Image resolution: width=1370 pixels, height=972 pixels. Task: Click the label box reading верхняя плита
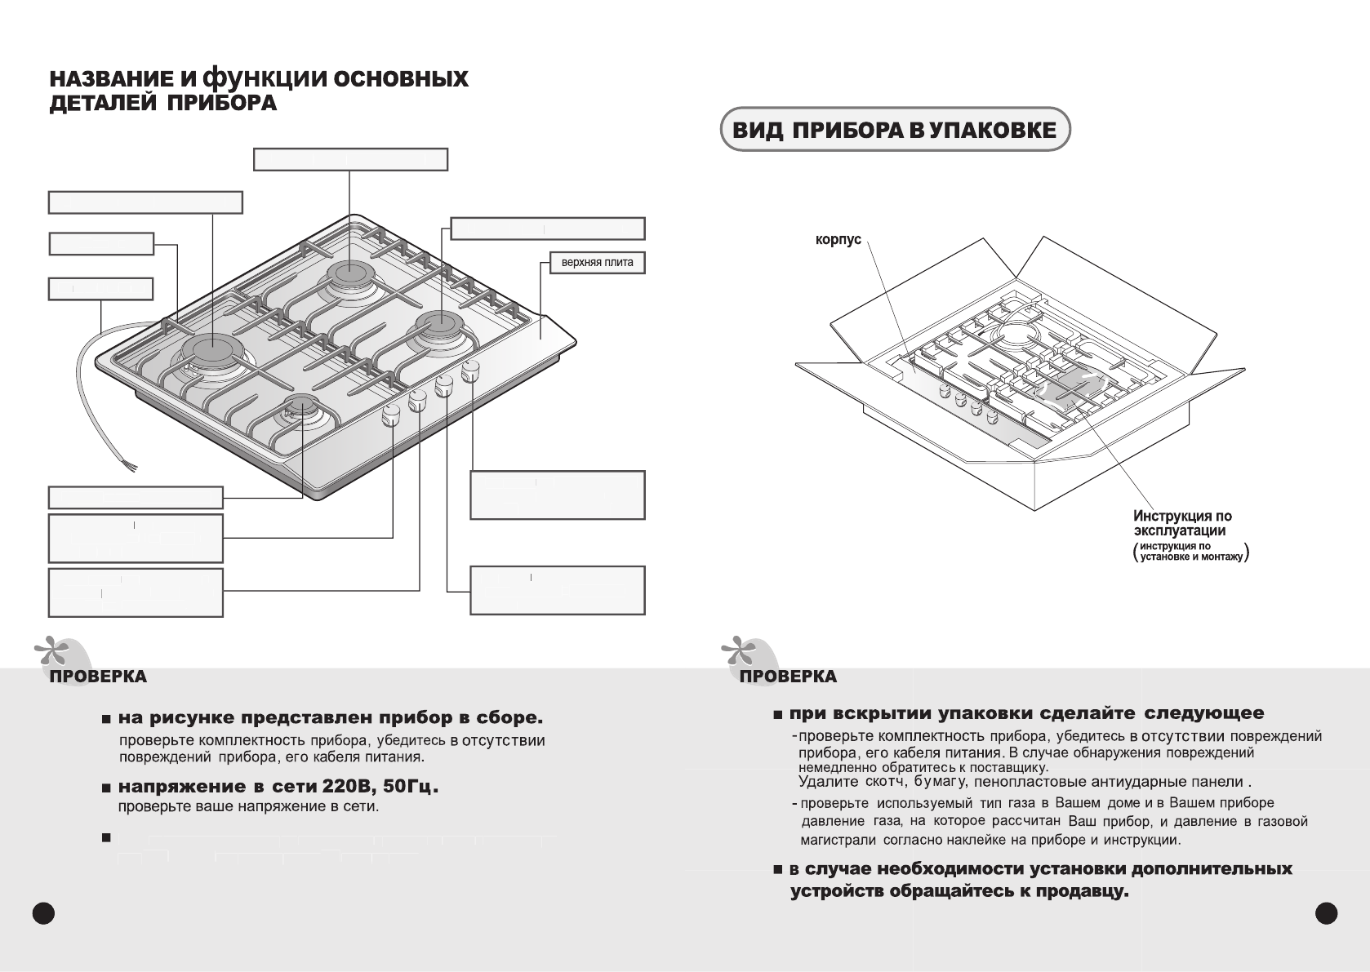[x=597, y=263]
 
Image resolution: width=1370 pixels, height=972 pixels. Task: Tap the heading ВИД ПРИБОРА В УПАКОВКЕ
[x=894, y=130]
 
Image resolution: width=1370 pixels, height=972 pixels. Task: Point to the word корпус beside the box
[x=838, y=240]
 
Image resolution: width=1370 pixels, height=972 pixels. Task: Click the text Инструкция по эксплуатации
[x=1182, y=523]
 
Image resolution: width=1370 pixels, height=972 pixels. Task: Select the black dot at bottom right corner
[x=1328, y=912]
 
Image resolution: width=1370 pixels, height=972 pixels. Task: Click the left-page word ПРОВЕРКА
[x=98, y=677]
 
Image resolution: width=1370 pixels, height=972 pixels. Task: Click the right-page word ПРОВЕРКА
[x=788, y=677]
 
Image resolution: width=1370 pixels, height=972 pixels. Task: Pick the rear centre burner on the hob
[x=351, y=271]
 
